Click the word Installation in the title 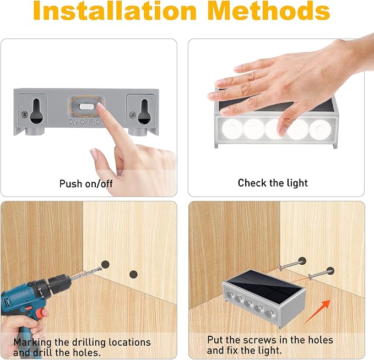tap(115, 11)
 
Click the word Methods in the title tap(269, 11)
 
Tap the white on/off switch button tap(87, 106)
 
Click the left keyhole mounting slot tap(36, 111)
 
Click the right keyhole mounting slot tap(144, 111)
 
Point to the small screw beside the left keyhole tap(24, 114)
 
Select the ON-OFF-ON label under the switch tap(86, 122)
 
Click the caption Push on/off tap(86, 183)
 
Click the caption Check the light tap(273, 183)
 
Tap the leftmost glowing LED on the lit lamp tap(232, 129)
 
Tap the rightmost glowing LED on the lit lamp tap(320, 129)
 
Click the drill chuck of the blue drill tap(58, 285)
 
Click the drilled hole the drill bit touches tap(105, 264)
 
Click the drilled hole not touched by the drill tap(133, 274)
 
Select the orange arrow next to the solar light tap(317, 312)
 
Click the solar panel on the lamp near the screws tap(265, 283)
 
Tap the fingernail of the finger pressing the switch tap(101, 106)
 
